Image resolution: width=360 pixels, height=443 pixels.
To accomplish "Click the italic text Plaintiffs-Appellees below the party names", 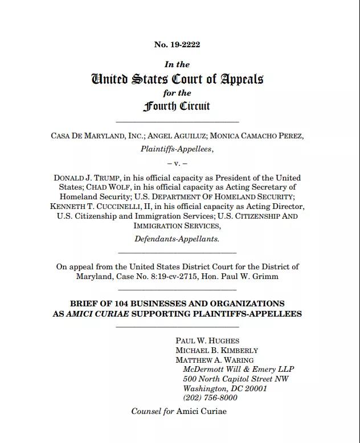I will pyautogui.click(x=177, y=149).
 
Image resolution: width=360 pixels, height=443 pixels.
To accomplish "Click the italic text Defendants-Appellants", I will pyautogui.click(x=177, y=239).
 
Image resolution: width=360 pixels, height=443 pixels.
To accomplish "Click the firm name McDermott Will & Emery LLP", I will pyautogui.click(x=239, y=370).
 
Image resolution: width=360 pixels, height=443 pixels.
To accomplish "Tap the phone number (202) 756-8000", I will pyautogui.click(x=210, y=398).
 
